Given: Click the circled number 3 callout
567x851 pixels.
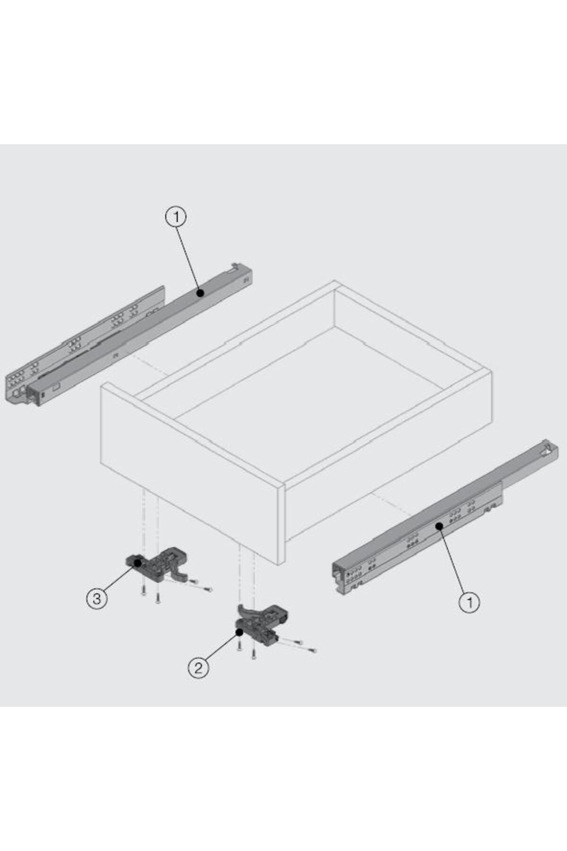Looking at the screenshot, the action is pyautogui.click(x=97, y=599).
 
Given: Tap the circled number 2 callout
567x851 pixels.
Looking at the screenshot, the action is pyautogui.click(x=198, y=668).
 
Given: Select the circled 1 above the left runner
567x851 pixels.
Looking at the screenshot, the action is pyautogui.click(x=176, y=217).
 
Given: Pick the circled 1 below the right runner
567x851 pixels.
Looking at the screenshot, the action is pyautogui.click(x=469, y=602).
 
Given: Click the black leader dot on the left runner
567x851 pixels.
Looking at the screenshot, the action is pyautogui.click(x=200, y=293).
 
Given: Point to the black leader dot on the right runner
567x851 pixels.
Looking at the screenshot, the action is pyautogui.click(x=439, y=526).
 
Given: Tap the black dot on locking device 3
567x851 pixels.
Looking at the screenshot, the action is pyautogui.click(x=137, y=563).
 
